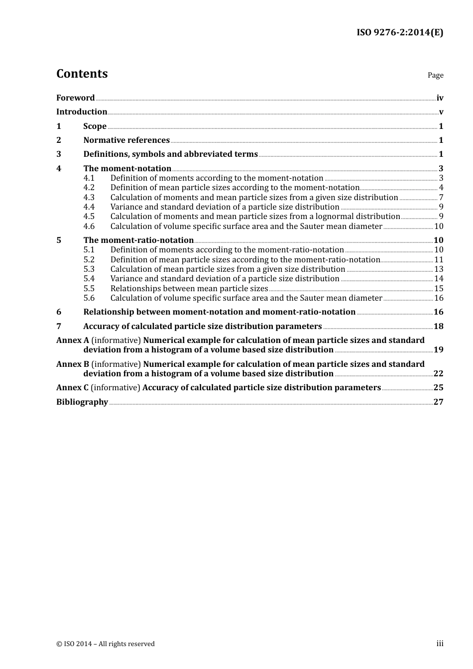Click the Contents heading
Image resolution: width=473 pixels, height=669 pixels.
[82, 74]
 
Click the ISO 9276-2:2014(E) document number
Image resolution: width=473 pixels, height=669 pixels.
[399, 33]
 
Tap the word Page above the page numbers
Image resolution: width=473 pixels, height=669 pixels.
[435, 75]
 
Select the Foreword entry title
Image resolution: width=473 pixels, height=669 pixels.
[75, 98]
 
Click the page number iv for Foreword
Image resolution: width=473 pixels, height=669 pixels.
[440, 98]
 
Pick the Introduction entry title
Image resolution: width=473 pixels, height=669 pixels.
[82, 112]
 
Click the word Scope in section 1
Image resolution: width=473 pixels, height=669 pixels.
[95, 126]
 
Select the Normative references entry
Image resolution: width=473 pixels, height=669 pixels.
[126, 140]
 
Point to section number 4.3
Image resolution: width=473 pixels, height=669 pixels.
[89, 198]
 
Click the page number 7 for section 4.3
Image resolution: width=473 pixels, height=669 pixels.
[441, 198]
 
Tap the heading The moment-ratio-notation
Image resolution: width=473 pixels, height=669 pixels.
[138, 240]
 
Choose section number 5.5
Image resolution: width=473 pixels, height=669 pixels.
[89, 289]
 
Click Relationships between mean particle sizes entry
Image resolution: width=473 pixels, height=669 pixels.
[189, 289]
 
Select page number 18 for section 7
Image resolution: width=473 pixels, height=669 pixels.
[438, 327]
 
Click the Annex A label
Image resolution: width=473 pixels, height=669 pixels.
[69, 340]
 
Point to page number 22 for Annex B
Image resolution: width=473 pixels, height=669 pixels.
[438, 374]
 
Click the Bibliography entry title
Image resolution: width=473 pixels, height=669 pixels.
[82, 402]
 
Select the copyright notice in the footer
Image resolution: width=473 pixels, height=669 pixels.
[106, 644]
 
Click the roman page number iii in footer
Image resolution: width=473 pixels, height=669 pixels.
[440, 644]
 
